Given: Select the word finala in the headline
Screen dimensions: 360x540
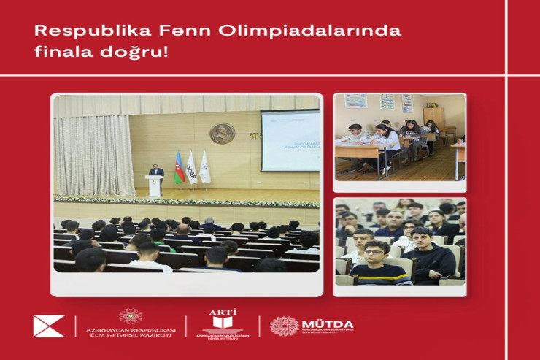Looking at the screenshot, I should tap(59, 54).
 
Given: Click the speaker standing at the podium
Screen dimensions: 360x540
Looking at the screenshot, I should tap(155, 172).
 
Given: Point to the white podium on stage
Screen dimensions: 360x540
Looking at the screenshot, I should tap(155, 186).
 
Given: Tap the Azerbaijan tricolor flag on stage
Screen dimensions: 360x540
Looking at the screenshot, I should tap(179, 168).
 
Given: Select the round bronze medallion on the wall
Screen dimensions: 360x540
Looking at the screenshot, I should tap(222, 133).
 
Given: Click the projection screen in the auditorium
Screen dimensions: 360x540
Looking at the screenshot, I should tap(290, 140).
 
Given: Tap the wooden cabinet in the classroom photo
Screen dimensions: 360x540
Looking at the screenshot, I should tap(433, 117).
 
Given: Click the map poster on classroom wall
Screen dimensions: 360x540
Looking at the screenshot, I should tap(355, 101).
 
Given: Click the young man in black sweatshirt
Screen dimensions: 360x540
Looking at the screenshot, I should tap(428, 258).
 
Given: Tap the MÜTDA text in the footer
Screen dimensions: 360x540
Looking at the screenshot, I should tap(328, 323).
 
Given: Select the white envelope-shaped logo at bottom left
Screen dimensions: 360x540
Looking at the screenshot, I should tap(49, 326).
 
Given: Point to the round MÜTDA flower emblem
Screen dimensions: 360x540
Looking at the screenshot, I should tap(284, 326).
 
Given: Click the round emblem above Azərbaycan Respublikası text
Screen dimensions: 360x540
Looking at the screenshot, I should tap(131, 315).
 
